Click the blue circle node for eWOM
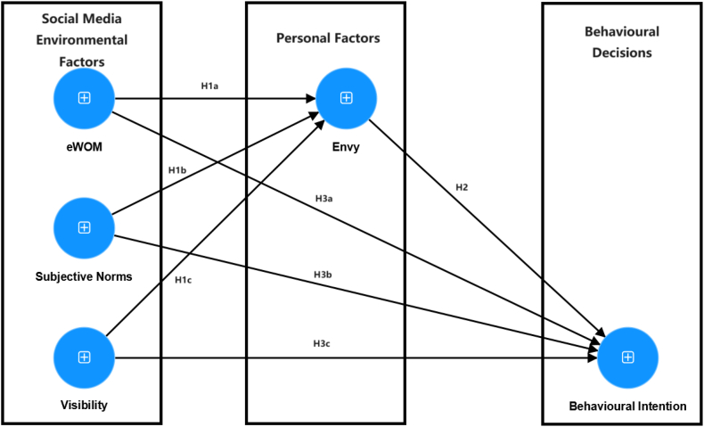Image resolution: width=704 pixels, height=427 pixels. [x=84, y=97]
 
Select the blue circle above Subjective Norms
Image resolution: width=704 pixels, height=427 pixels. [x=84, y=227]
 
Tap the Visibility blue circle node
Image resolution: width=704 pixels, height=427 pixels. [x=84, y=357]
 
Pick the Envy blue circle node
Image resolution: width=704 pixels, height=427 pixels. [x=347, y=97]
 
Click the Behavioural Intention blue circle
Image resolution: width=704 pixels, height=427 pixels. [x=627, y=357]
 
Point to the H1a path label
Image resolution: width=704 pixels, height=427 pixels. [x=210, y=86]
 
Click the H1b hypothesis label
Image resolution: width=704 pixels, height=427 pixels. [x=177, y=169]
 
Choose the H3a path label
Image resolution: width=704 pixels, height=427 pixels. [x=323, y=197]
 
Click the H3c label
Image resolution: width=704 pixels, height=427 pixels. [x=322, y=343]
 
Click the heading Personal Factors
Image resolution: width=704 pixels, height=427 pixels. [x=327, y=38]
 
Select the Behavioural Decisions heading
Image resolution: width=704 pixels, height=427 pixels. [x=621, y=42]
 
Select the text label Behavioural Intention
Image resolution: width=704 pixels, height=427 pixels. [x=627, y=406]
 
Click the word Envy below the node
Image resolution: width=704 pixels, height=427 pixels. [x=346, y=147]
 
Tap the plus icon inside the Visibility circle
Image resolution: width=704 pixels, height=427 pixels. [x=84, y=357]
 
